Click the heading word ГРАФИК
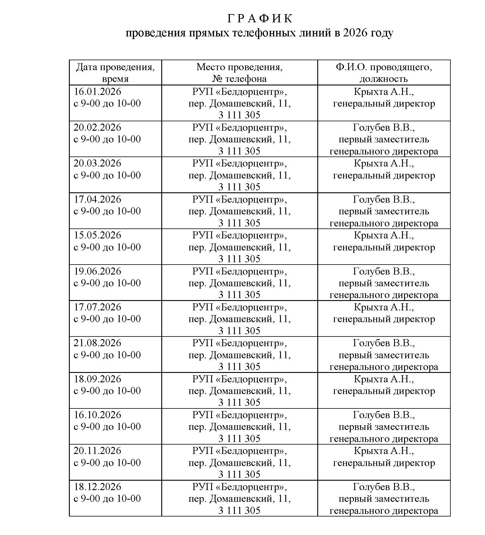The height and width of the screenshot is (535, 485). [260, 19]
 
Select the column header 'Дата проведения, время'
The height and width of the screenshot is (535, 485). [115, 73]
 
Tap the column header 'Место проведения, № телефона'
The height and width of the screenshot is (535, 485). [239, 73]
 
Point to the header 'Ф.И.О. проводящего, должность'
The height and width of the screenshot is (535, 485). [384, 73]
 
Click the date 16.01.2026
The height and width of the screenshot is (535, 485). [97, 92]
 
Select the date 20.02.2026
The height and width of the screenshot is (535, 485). [97, 127]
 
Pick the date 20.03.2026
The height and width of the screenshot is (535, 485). [97, 163]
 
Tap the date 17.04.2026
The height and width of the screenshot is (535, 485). [97, 199]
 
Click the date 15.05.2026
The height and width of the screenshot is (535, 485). [97, 235]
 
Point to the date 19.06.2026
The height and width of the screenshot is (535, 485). [97, 271]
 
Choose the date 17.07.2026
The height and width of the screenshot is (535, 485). [97, 307]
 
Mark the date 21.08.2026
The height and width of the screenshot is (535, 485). [97, 343]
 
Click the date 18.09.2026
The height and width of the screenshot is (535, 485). [97, 379]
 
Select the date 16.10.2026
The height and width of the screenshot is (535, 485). [97, 415]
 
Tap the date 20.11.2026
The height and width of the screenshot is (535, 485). [97, 451]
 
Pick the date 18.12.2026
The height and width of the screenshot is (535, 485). [97, 487]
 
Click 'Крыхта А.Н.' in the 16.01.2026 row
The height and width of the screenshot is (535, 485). [384, 92]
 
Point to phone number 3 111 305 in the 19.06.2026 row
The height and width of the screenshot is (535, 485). [239, 295]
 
